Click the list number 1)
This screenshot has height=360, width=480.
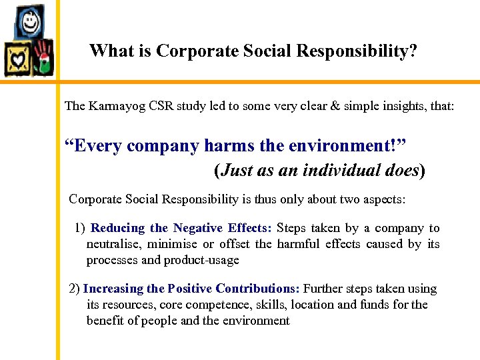[x=80, y=228]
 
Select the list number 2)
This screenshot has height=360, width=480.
[x=75, y=289]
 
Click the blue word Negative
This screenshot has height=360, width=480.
[x=197, y=228]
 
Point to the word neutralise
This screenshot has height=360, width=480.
[x=113, y=244]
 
